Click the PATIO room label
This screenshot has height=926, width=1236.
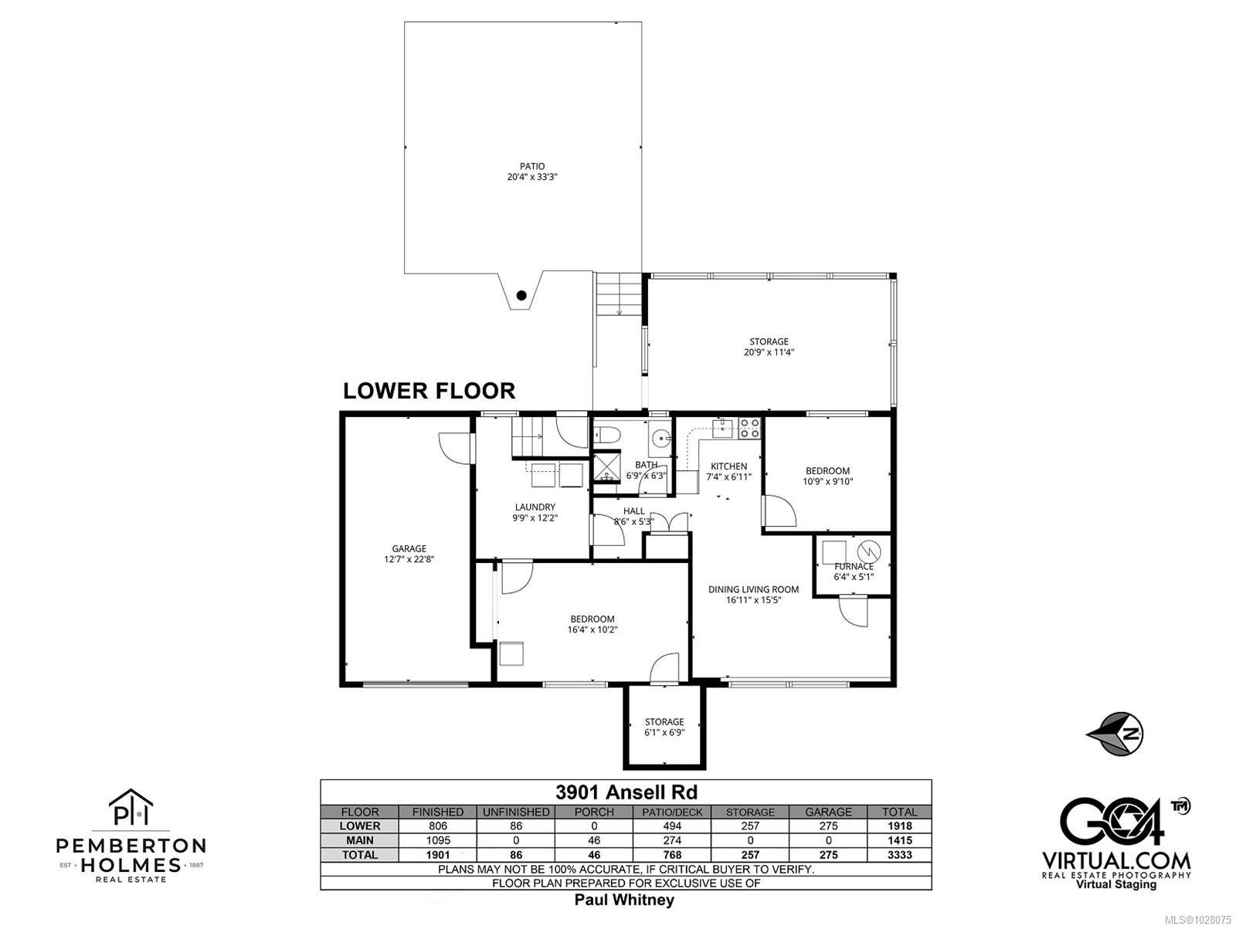[x=531, y=166]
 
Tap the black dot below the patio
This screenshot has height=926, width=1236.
[x=521, y=295]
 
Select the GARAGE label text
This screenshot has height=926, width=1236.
[x=409, y=548]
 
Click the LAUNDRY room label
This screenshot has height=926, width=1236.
[x=535, y=507]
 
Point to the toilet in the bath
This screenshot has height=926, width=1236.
[x=608, y=435]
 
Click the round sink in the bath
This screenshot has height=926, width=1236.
[x=660, y=437]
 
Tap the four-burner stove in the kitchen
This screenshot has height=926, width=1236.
[x=749, y=428]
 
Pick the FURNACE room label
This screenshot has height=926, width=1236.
[x=854, y=566]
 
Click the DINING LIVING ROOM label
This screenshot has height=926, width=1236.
[x=753, y=589]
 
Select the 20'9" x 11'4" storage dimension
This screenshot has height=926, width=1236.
[x=769, y=352]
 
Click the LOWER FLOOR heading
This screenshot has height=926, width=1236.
[x=429, y=391]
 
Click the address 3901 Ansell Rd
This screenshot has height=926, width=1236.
[x=626, y=792]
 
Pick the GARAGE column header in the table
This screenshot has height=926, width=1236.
[x=828, y=812]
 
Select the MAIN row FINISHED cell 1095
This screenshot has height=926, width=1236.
[x=437, y=840]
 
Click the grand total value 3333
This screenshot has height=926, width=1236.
[x=899, y=854]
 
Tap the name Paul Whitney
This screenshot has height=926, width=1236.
[x=624, y=900]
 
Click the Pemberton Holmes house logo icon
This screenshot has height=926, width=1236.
[x=131, y=806]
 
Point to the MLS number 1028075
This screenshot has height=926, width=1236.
[x=1200, y=920]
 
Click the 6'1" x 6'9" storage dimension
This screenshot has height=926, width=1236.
[x=664, y=732]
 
